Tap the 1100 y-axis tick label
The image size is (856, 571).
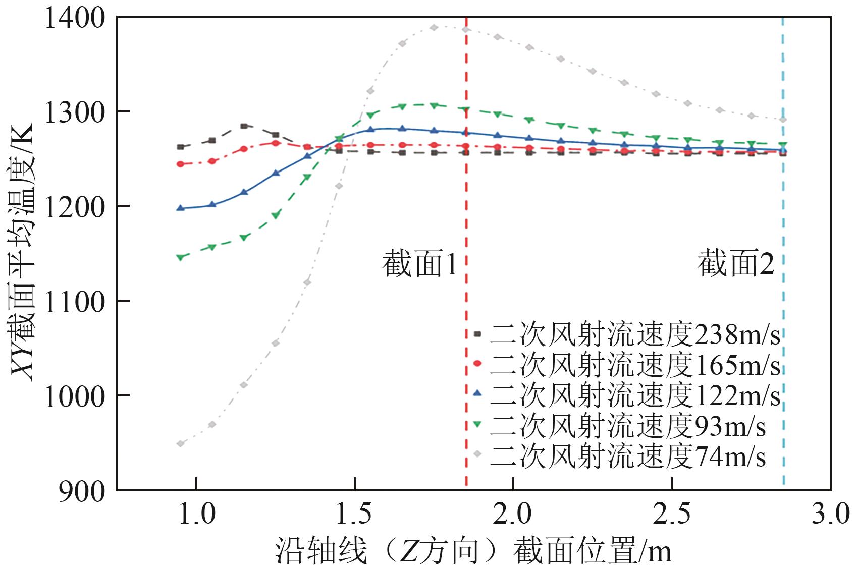coord(75,302)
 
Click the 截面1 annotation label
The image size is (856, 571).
coord(419,264)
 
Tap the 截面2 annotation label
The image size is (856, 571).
coord(736,264)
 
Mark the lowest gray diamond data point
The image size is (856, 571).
coord(180,444)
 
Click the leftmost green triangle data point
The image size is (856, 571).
coord(180,257)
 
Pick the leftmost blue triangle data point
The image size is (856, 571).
coord(180,208)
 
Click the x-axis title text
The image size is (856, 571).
coord(473,551)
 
